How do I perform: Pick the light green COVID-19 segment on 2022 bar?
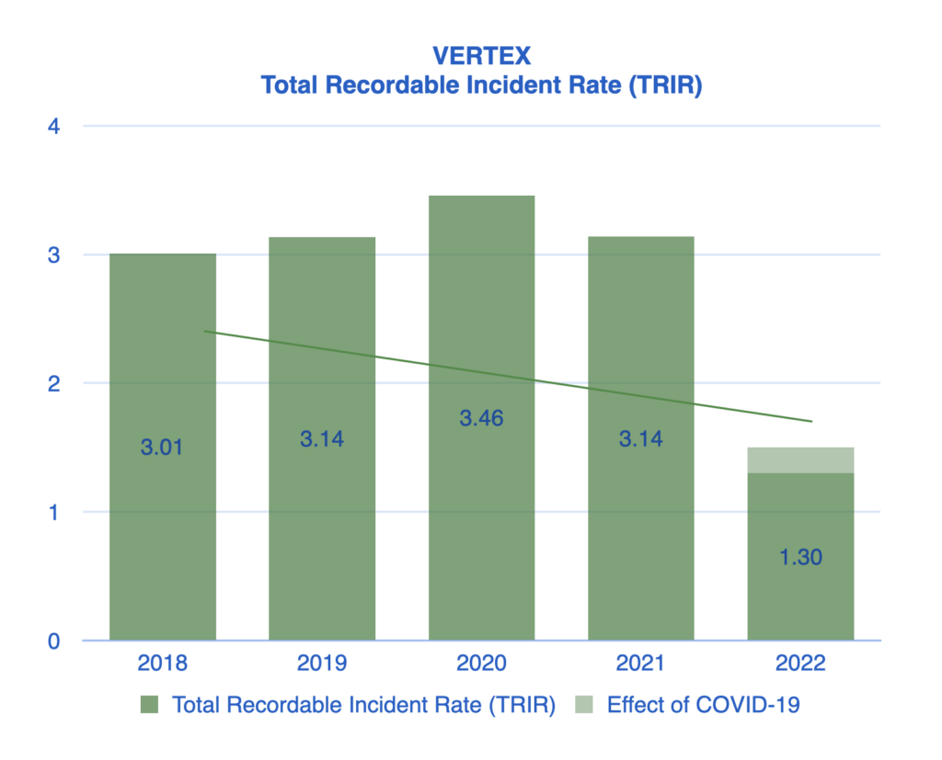[x=800, y=460]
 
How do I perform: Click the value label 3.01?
[x=163, y=448]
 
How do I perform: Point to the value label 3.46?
[x=481, y=419]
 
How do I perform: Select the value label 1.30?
[x=800, y=557]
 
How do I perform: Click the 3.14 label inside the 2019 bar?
[x=322, y=439]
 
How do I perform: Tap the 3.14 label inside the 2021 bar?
[x=641, y=439]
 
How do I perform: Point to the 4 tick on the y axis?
[x=54, y=126]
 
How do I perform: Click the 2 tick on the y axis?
[x=54, y=383]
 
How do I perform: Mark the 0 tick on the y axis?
[x=54, y=641]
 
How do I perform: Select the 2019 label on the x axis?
[x=322, y=664]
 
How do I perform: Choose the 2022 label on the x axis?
[x=800, y=664]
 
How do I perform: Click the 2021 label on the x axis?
[x=641, y=664]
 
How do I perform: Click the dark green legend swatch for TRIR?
[x=150, y=706]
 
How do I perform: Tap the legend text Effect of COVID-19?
[x=704, y=706]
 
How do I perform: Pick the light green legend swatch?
[x=586, y=706]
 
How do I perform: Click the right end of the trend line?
[x=811, y=421]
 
